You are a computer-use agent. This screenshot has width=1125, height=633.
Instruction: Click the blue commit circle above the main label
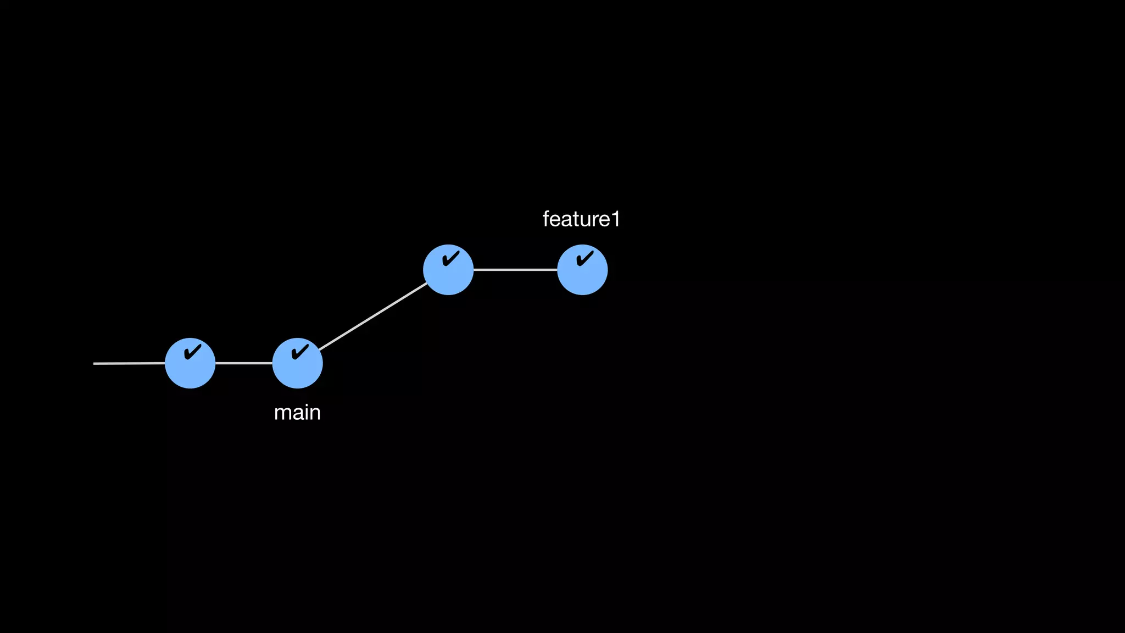click(x=297, y=364)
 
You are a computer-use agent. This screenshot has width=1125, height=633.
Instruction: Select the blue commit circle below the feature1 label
click(x=582, y=270)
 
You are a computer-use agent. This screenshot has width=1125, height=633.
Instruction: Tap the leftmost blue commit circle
click(x=190, y=364)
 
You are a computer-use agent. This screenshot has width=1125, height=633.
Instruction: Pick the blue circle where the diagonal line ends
click(x=448, y=270)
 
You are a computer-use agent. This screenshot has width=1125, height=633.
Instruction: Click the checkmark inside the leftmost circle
click(x=192, y=352)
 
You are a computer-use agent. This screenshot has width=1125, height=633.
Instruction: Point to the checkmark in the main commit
click(x=300, y=352)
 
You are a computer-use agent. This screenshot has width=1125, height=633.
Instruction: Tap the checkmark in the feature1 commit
click(x=585, y=258)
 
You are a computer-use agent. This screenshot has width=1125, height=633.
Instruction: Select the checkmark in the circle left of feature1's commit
click(x=450, y=258)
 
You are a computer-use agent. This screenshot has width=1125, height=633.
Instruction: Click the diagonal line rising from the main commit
click(x=373, y=316)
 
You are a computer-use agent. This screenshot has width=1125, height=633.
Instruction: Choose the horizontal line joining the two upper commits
click(x=515, y=270)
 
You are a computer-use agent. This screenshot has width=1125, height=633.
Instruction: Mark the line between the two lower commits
click(x=244, y=363)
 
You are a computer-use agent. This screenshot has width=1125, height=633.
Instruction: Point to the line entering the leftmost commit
click(x=129, y=363)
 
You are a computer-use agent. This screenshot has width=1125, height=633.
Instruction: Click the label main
click(x=297, y=413)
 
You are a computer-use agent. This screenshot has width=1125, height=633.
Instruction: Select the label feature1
click(x=581, y=219)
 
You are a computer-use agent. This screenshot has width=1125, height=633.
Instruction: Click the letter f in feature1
click(x=547, y=219)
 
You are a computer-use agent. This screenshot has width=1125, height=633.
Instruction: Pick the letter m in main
click(x=282, y=413)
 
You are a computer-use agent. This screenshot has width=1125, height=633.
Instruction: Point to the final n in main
click(x=315, y=413)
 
